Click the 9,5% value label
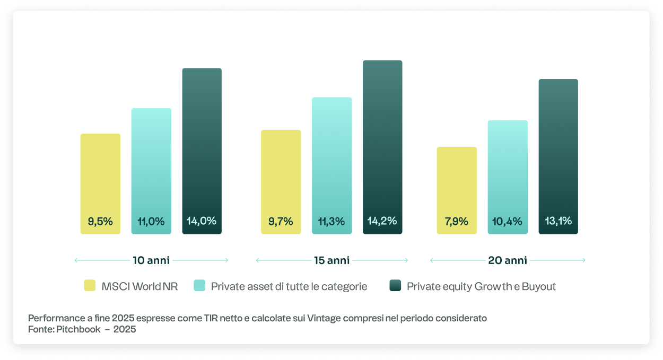click(100, 222)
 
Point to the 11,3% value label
click(331, 222)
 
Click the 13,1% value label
click(558, 221)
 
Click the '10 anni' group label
click(151, 260)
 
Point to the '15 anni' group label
click(331, 260)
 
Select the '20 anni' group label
click(508, 260)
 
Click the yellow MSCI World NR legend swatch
click(90, 286)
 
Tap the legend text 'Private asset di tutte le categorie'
click(289, 287)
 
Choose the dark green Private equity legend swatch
click(395, 286)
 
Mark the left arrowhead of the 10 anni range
click(76, 260)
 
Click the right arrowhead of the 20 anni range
click(584, 260)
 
